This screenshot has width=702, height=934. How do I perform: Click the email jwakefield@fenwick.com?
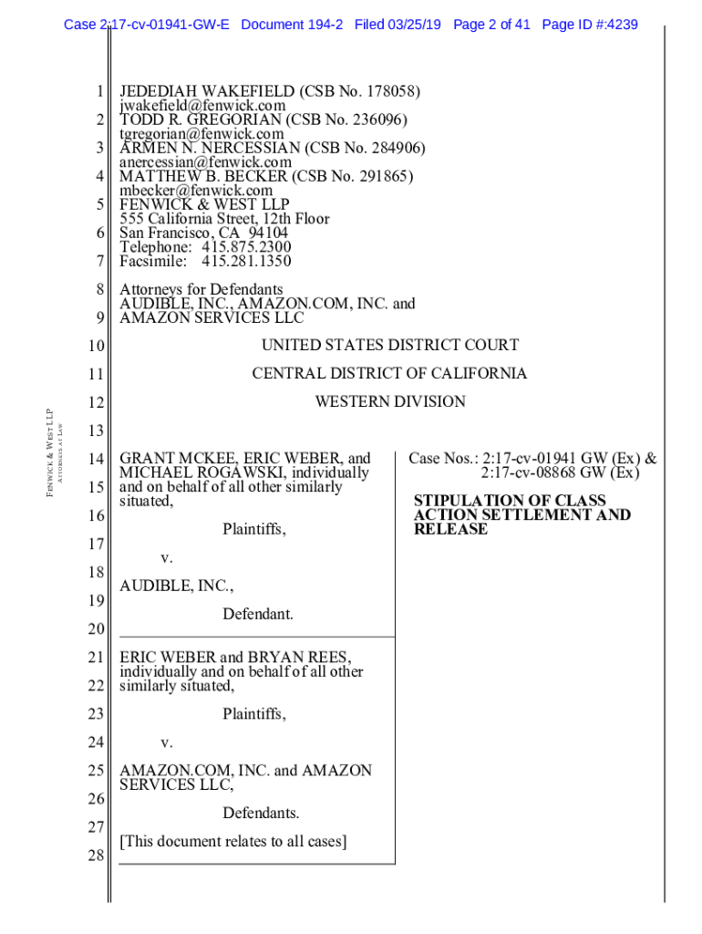pyautogui.click(x=202, y=106)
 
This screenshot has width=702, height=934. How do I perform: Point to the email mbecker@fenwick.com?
pyautogui.click(x=196, y=191)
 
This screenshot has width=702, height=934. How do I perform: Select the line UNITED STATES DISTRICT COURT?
pyautogui.click(x=389, y=346)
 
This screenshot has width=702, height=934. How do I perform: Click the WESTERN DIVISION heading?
pyautogui.click(x=389, y=402)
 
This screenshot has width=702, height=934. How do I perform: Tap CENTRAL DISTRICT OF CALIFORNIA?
pyautogui.click(x=389, y=374)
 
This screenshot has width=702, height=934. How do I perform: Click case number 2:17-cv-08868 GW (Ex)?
pyautogui.click(x=560, y=472)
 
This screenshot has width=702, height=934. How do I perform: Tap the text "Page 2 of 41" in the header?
pyautogui.click(x=490, y=25)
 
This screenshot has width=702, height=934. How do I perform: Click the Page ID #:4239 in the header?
pyautogui.click(x=589, y=25)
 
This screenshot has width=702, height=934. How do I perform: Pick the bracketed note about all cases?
pyautogui.click(x=232, y=841)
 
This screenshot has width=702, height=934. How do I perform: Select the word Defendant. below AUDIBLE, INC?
pyautogui.click(x=258, y=615)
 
